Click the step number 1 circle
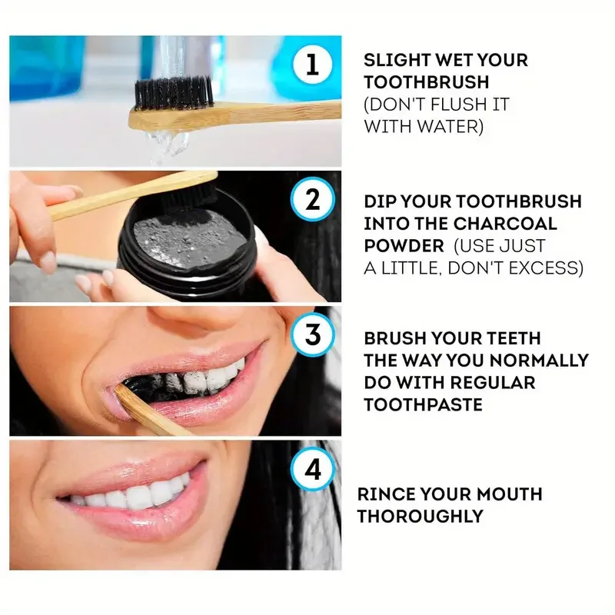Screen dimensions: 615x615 coord(311,65)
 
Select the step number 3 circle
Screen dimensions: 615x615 coord(312,336)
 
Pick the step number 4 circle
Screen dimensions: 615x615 coord(313,468)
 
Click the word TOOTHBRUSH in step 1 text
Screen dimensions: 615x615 coord(427,81)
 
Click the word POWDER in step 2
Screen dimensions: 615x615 coord(404,246)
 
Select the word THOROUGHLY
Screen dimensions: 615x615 coord(421,516)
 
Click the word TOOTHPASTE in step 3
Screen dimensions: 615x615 coord(423,404)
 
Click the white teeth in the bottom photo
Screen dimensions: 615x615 coord(135,495)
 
